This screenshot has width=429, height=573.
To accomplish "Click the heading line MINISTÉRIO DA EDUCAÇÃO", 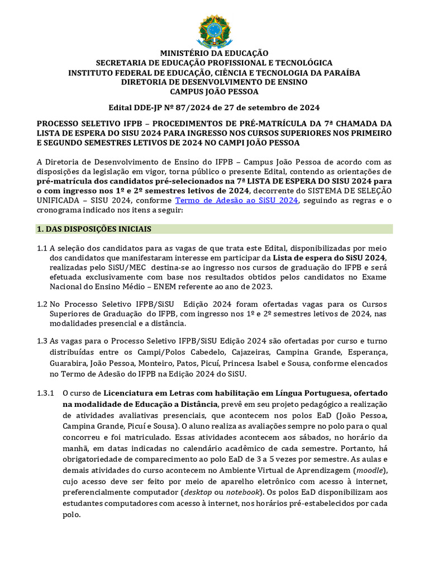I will [x=214, y=54].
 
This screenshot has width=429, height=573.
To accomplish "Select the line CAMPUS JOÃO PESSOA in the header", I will [x=214, y=92].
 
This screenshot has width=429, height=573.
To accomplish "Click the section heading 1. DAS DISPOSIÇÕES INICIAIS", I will [x=93, y=229].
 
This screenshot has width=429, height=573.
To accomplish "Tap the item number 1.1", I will [x=42, y=248].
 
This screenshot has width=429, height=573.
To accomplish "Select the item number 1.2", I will [x=42, y=304].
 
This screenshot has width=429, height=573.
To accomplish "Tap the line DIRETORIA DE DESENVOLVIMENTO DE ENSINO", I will [x=214, y=82].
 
